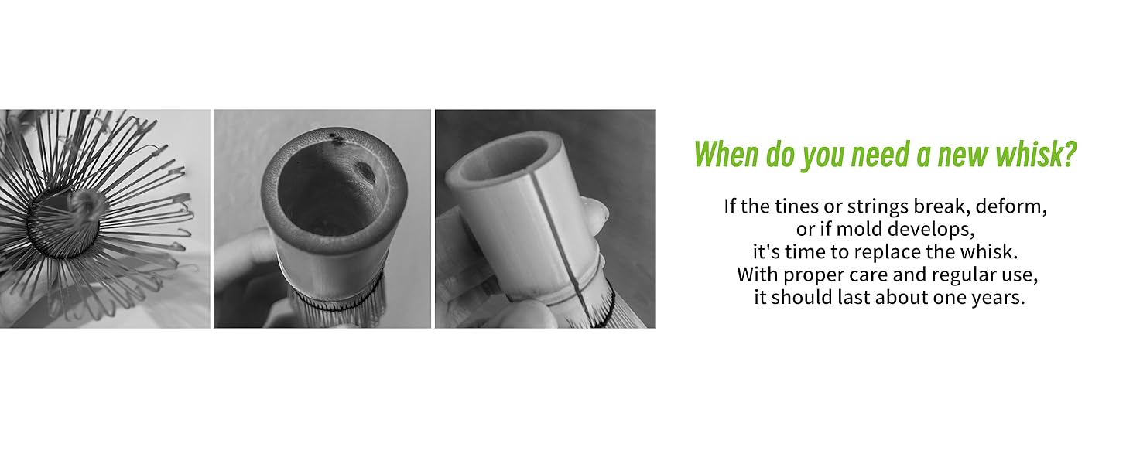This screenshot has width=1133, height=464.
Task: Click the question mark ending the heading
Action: click(1069, 155)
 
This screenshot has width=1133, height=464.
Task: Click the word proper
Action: click(811, 275)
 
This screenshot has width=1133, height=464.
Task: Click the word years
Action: click(999, 298)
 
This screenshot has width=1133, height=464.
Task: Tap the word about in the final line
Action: click(901, 298)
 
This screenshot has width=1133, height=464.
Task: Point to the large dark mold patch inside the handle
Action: click(365, 172)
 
